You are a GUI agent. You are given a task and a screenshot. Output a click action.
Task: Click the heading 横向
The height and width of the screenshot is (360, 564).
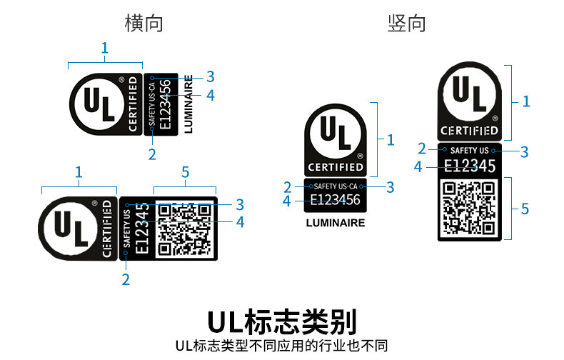coord(143,23)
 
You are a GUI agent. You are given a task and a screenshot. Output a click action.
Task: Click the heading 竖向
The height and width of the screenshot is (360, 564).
coord(407,23)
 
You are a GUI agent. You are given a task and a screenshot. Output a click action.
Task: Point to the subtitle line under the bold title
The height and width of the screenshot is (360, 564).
coord(281,346)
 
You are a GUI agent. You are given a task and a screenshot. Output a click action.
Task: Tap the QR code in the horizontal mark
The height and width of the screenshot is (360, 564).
coord(184,229)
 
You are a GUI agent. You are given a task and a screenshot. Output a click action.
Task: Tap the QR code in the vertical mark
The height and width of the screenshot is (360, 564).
coord(468,208)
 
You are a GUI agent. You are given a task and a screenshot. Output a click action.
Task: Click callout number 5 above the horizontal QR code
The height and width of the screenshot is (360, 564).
coord(186,172)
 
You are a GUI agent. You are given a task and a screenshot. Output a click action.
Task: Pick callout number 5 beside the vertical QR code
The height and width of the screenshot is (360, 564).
coord(525,209)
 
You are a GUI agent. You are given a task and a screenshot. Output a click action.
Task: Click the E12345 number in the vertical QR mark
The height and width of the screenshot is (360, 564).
coord(468,166)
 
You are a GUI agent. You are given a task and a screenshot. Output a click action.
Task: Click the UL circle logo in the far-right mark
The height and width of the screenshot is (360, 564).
coord(468,94)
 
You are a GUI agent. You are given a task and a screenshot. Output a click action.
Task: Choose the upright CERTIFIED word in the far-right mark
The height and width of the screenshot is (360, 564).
coord(469,131)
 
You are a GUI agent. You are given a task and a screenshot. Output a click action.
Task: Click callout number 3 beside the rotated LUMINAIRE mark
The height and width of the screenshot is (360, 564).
coord(211,76)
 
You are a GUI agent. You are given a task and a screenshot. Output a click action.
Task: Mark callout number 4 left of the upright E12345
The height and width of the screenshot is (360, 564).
coord(418,166)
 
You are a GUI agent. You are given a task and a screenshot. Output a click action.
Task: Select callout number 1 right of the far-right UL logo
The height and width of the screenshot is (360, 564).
coord(526,101)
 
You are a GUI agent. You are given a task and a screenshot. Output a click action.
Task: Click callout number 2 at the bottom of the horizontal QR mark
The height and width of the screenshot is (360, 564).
coord(126,279)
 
